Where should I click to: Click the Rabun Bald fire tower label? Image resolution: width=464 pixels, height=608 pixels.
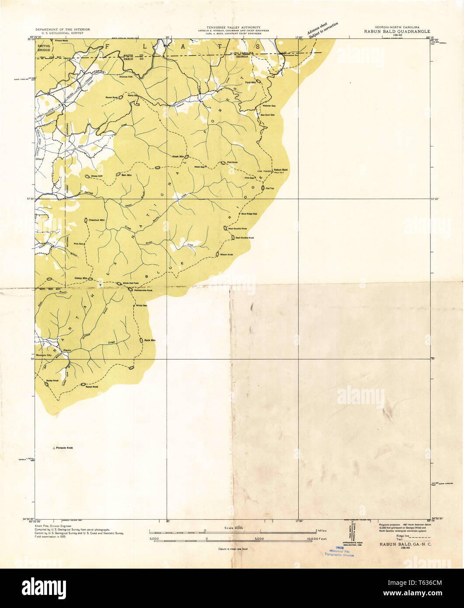tap(280, 170)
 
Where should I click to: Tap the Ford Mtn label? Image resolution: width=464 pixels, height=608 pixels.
tap(250, 82)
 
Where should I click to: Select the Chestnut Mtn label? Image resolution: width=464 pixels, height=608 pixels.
tap(97, 220)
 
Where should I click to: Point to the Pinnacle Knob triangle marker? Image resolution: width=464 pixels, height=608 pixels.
tap(54, 448)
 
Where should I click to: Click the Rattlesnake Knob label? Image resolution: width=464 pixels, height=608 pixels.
tap(143, 290)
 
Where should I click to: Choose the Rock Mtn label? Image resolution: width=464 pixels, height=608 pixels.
tap(150, 340)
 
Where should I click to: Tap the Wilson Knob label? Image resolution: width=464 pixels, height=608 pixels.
tap(226, 254)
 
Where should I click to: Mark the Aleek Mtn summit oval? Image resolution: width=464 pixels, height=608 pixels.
tap(187, 157)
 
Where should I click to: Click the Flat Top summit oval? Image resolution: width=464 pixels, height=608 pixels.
tap(263, 188)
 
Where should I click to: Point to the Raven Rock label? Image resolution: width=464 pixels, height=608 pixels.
tap(111, 97)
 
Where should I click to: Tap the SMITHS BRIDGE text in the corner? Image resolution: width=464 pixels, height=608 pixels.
tap(44, 48)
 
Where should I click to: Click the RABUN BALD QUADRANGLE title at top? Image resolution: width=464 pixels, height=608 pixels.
tap(397, 32)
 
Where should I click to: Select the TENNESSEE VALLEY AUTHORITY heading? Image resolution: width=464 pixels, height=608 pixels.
tap(232, 27)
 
